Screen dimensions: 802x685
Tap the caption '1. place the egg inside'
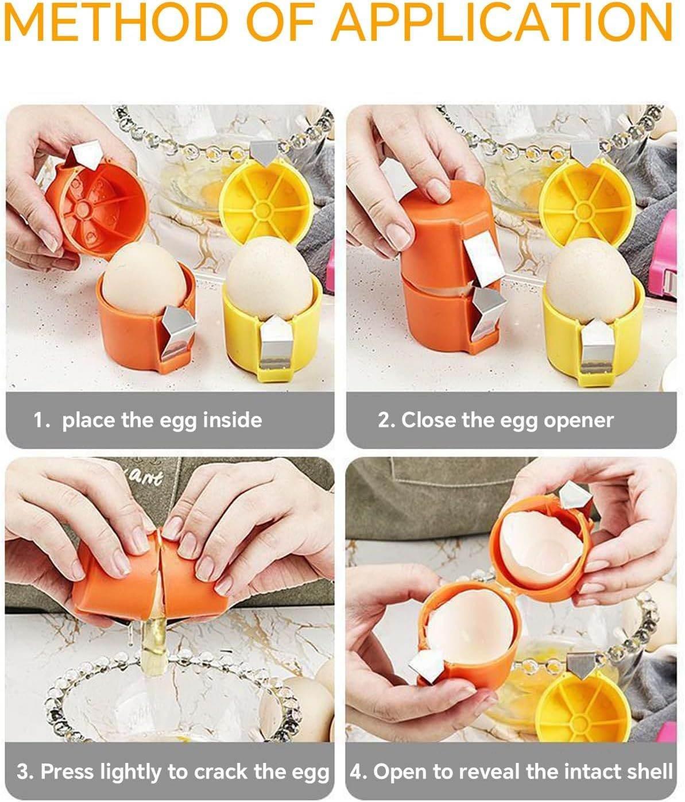(148, 420)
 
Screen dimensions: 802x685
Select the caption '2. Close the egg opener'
(496, 420)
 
